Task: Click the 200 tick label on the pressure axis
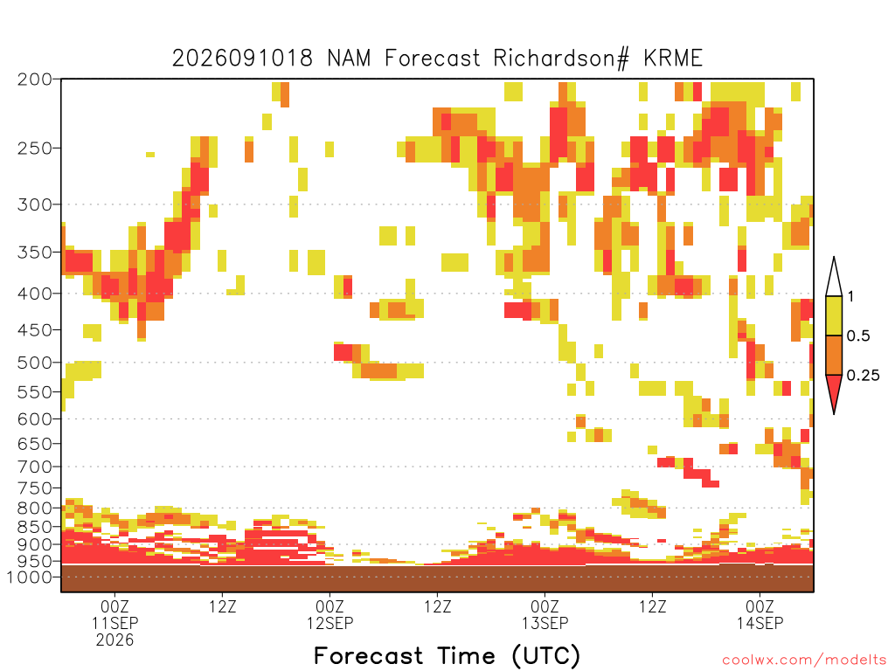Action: [34, 80]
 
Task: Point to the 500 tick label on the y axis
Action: [34, 363]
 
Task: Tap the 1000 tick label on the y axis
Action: [29, 577]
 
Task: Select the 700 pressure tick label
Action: [34, 467]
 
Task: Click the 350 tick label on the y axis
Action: [34, 252]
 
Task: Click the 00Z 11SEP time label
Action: [114, 614]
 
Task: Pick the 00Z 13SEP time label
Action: [545, 614]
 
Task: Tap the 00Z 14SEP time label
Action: [760, 614]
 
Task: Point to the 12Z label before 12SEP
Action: [222, 606]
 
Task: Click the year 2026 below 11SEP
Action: [114, 640]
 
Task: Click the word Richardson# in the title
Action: [561, 59]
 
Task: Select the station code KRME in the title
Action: [673, 59]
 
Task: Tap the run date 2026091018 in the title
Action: [243, 59]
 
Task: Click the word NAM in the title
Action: [348, 59]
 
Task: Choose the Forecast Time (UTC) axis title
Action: [447, 655]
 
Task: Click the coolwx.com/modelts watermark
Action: [805, 661]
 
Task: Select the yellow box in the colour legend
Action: [834, 315]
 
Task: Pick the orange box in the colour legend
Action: [834, 355]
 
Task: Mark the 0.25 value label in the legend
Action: [863, 376]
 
